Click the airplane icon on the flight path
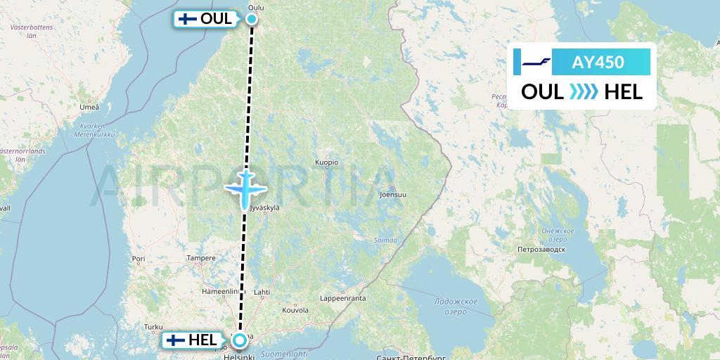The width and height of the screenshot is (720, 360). click(245, 188)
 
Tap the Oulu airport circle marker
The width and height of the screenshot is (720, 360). click(252, 20)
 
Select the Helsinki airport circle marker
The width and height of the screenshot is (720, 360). click(240, 341)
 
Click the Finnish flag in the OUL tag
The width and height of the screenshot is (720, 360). click(187, 20)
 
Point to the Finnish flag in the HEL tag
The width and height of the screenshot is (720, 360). click(176, 341)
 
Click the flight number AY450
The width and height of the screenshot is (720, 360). click(598, 62)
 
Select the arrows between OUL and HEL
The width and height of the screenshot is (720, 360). click(583, 91)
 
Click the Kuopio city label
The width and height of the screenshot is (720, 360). click(326, 162)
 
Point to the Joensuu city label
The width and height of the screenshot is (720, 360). click(392, 194)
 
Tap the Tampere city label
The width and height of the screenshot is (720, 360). click(201, 258)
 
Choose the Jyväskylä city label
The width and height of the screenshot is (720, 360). click(264, 208)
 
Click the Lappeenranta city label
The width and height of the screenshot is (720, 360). click(343, 298)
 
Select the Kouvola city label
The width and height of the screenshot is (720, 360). click(295, 309)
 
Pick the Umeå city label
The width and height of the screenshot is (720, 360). click(89, 107)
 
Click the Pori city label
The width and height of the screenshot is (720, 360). click(138, 259)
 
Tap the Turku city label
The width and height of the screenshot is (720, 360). click(153, 327)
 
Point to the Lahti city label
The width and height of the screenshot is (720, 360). click(262, 291)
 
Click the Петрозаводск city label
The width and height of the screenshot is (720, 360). click(541, 249)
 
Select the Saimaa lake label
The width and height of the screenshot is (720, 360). click(385, 240)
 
